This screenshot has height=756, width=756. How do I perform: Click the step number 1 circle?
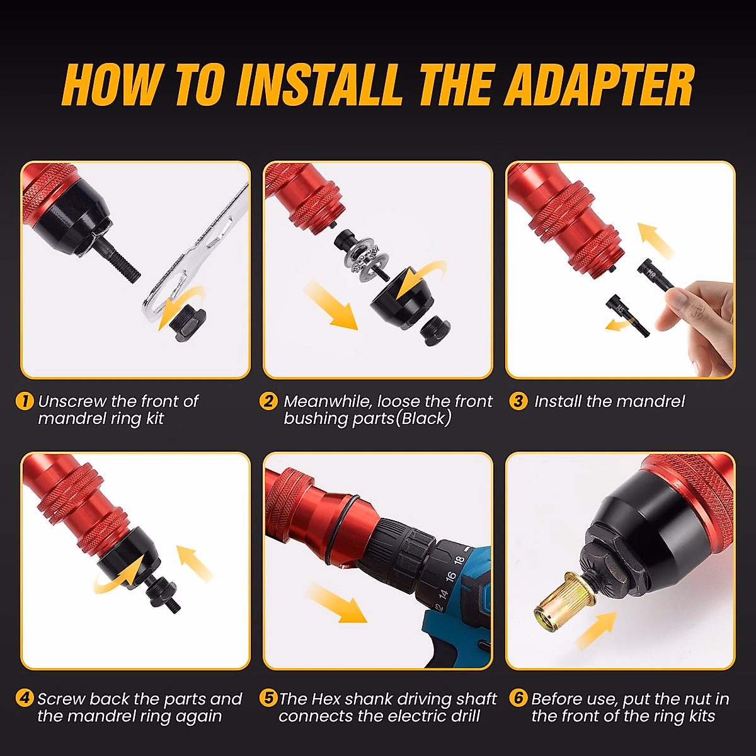point(24,401)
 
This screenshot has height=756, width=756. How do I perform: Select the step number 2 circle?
point(268,401)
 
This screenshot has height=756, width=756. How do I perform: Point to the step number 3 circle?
point(518,401)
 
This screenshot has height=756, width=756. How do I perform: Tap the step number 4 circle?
point(24,698)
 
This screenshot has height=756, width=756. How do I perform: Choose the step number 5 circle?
point(268,698)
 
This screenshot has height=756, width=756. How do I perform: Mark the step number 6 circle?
point(518,698)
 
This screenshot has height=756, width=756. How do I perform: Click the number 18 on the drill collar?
point(459,559)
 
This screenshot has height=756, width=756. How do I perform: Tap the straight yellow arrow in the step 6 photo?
point(595,630)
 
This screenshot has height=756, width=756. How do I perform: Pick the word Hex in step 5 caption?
point(326,699)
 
